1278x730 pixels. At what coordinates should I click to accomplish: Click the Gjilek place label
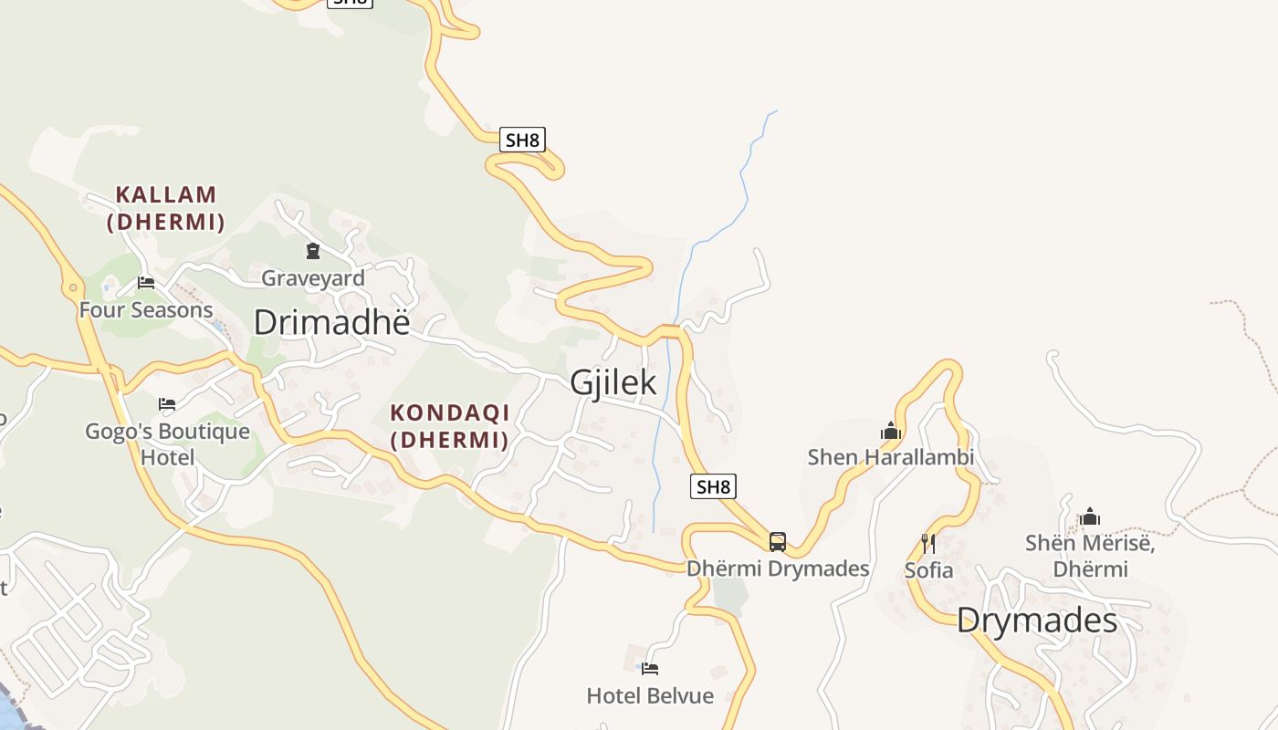(613, 382)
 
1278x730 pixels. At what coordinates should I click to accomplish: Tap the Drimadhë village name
(331, 322)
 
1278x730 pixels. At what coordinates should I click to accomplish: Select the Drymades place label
(1037, 621)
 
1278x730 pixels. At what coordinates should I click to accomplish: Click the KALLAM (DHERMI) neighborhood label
(166, 208)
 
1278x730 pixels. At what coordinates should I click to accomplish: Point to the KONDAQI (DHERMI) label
(450, 425)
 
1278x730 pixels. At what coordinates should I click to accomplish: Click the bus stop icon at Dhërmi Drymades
(778, 542)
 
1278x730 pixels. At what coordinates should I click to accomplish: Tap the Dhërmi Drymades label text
(778, 568)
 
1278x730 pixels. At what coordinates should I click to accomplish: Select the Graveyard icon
(313, 250)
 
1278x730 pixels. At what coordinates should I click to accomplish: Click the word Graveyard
(313, 278)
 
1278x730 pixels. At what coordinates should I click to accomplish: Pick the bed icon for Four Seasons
(146, 283)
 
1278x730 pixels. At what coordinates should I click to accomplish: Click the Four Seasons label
(146, 310)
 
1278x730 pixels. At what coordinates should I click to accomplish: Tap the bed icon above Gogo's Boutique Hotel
(167, 403)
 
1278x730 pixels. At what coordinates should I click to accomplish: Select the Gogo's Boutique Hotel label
(167, 443)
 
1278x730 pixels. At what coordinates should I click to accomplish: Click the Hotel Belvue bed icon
(650, 669)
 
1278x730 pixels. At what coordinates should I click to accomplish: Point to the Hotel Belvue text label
(650, 696)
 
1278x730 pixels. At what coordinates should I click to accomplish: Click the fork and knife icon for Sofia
(928, 544)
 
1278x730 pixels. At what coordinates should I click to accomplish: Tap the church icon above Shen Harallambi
(891, 431)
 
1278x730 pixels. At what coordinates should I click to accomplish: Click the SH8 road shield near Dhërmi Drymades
(713, 486)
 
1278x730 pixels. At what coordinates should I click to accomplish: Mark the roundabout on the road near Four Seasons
(72, 288)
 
